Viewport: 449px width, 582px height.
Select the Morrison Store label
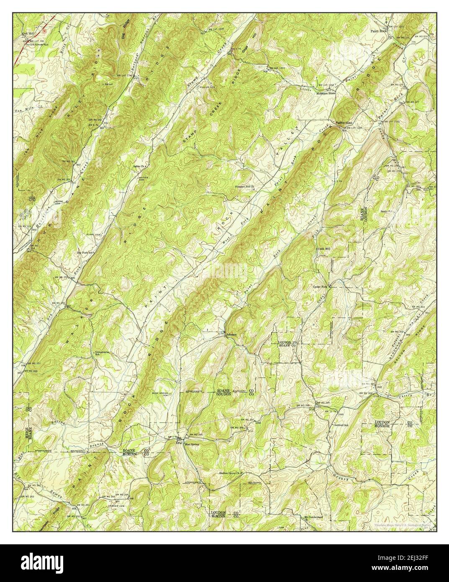pyautogui.click(x=325, y=94)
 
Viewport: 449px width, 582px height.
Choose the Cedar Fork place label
pyautogui.click(x=322, y=287)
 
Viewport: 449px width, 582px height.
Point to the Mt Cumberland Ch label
pyautogui.click(x=312, y=518)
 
